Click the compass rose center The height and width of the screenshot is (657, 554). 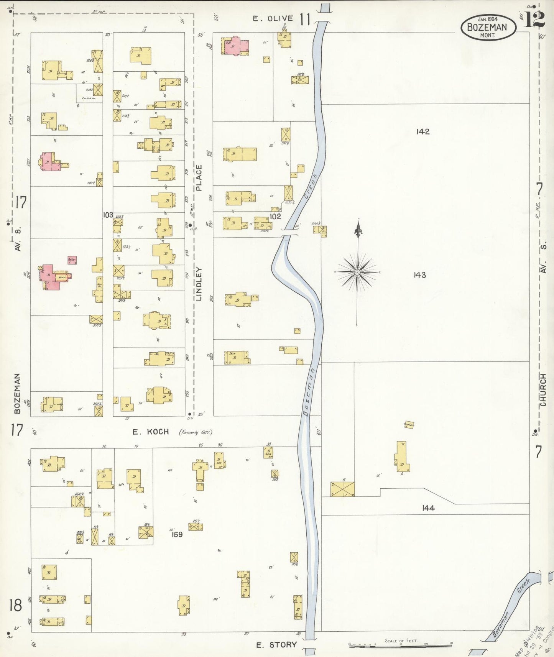click(x=357, y=272)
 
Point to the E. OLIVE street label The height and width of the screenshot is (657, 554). click(x=273, y=18)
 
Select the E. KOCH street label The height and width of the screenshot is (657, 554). click(x=151, y=432)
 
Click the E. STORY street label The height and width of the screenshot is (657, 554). click(x=276, y=645)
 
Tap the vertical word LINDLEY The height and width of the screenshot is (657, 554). click(x=199, y=284)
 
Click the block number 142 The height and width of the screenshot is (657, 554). click(x=422, y=131)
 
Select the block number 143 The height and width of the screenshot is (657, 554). click(x=420, y=275)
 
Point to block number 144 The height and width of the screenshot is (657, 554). click(x=428, y=508)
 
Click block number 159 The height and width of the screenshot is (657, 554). click(x=177, y=534)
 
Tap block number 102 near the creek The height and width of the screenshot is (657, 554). click(x=275, y=216)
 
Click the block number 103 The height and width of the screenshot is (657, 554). click(x=108, y=215)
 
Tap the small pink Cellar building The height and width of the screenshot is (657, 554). click(x=72, y=260)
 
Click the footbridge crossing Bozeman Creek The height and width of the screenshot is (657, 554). click(x=291, y=232)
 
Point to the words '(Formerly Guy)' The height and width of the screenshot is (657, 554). click(x=196, y=432)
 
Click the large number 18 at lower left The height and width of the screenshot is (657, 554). click(x=16, y=606)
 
